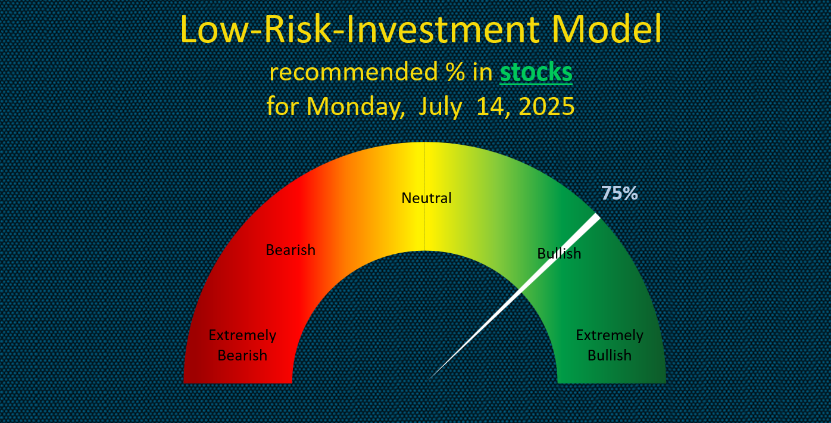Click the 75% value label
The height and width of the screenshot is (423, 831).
pos(619,193)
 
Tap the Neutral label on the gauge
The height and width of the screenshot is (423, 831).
pos(426,198)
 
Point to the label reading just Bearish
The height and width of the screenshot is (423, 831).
pos(290,250)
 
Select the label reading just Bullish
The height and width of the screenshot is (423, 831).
pos(559,253)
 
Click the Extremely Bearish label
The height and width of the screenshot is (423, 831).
pos(242,345)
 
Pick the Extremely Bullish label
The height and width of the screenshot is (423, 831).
pos(610,345)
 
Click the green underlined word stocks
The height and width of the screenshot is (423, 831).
pos(536,72)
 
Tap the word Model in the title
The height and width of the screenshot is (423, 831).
pos(607,29)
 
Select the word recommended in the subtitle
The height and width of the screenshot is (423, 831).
pos(354,72)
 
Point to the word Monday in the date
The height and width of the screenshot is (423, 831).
pos(356,107)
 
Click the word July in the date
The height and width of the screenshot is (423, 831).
pos(441,107)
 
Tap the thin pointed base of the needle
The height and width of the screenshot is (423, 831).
pos(429,379)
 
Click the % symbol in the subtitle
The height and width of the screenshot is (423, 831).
pos(455,72)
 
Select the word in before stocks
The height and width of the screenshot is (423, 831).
pos(482,72)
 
